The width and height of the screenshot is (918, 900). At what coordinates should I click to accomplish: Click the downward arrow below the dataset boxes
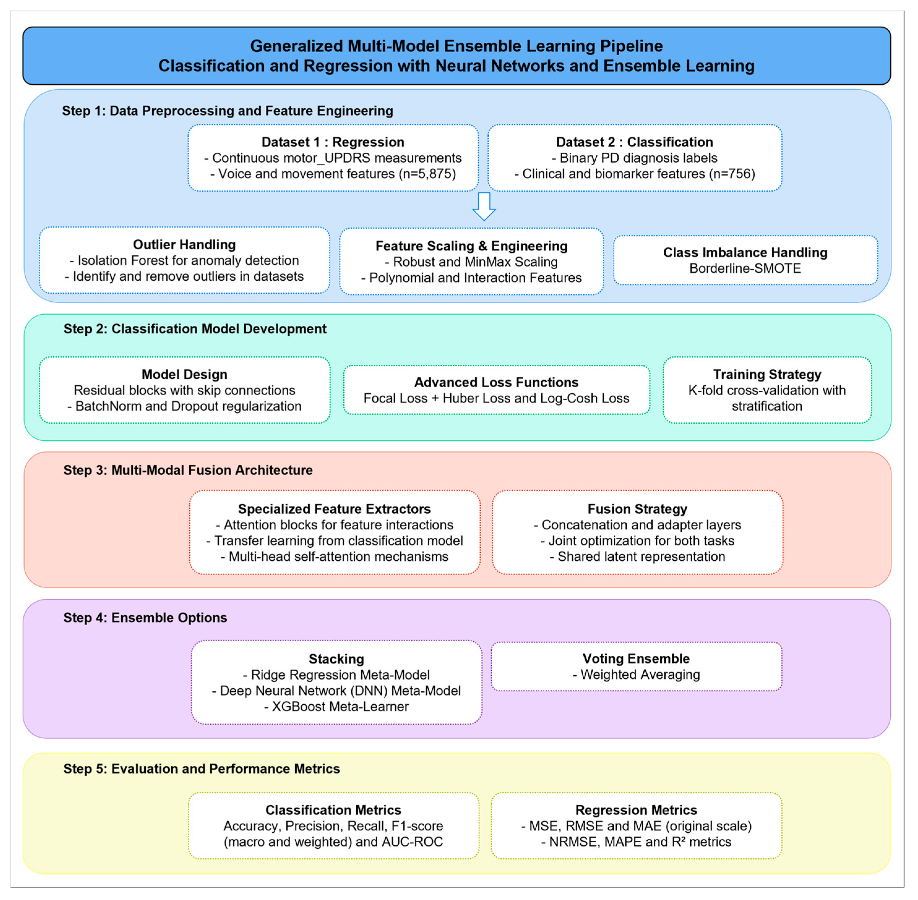click(484, 206)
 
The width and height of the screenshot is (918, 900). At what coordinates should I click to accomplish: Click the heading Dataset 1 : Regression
click(332, 142)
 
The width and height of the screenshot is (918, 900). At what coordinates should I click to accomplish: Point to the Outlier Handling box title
click(184, 244)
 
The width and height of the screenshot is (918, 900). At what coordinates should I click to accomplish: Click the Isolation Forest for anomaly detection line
click(184, 261)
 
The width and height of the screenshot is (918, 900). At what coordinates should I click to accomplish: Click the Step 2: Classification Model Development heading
click(195, 329)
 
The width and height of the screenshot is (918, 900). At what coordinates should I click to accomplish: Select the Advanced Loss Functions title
click(496, 382)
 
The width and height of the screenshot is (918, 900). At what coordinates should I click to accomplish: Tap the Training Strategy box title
click(767, 374)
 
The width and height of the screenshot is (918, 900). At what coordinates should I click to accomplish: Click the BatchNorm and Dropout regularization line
click(184, 406)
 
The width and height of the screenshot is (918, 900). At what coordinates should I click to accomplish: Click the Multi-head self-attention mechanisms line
click(334, 557)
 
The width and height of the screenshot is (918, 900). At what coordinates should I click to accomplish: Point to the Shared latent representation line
click(637, 557)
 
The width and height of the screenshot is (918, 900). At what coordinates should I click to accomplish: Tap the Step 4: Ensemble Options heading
click(145, 618)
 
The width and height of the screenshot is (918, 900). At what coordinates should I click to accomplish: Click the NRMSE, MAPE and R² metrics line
click(636, 842)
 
